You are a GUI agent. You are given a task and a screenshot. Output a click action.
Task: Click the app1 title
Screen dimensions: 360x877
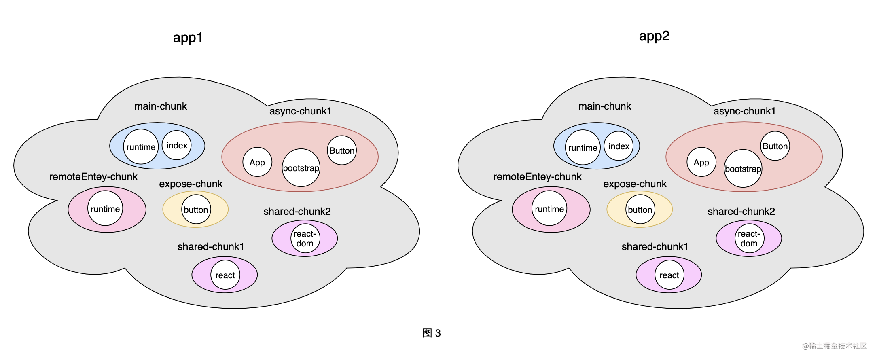[x=188, y=38]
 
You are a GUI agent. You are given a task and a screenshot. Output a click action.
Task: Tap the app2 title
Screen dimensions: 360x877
[x=654, y=36]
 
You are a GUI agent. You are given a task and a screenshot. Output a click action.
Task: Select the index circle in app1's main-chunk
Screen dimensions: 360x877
[x=177, y=146]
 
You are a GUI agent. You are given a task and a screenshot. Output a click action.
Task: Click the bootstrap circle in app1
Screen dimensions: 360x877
[x=301, y=168]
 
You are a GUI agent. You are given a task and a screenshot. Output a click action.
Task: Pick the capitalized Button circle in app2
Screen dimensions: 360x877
[x=775, y=146]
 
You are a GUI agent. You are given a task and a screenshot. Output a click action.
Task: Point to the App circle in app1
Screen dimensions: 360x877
[x=257, y=162]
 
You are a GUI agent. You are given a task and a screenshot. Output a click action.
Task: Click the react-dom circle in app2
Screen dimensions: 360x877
[x=749, y=239]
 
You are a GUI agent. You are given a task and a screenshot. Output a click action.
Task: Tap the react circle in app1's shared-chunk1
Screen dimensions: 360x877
[x=225, y=275]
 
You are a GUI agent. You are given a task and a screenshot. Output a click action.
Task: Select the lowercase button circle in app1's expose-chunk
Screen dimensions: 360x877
[x=196, y=210]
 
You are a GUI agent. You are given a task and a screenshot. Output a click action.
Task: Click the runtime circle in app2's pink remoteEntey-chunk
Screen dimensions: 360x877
[x=549, y=209]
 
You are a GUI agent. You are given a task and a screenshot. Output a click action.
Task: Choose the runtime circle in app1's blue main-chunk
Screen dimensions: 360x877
[x=141, y=147]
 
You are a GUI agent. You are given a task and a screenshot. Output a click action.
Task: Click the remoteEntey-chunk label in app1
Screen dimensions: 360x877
[x=93, y=177]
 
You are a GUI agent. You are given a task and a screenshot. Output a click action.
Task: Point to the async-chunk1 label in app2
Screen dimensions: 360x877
[x=744, y=111]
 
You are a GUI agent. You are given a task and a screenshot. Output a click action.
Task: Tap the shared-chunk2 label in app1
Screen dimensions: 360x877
[x=297, y=212]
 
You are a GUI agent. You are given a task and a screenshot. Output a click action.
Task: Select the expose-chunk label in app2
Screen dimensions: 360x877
[x=635, y=184]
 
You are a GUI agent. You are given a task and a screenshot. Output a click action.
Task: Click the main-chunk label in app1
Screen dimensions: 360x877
[x=161, y=106]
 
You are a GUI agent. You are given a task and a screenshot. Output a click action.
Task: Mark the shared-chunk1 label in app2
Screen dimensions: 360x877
[x=655, y=247]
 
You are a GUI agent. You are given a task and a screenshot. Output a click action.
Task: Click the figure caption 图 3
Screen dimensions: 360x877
[x=432, y=333]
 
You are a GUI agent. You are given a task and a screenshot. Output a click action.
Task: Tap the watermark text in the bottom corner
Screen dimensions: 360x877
[x=835, y=346]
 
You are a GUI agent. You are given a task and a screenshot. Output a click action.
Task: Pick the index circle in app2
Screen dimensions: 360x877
[x=619, y=146]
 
